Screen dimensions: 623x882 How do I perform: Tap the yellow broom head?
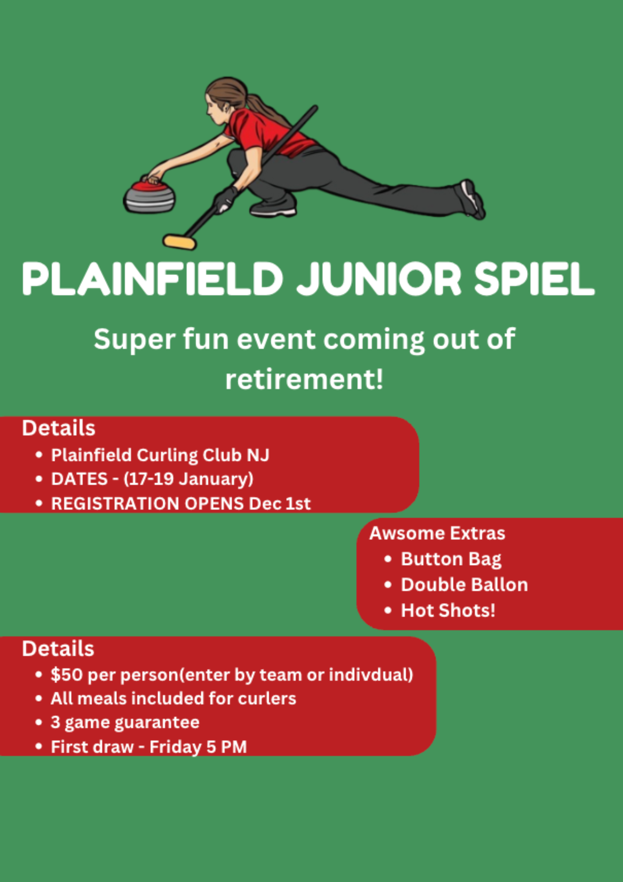point(179,242)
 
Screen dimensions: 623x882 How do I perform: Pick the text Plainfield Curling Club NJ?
point(160,455)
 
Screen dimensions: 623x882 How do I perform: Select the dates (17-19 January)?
point(188,479)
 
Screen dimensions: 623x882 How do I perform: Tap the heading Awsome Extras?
point(437,533)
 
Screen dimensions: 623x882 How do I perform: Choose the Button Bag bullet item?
point(451,559)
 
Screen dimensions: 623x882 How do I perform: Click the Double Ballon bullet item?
point(464,585)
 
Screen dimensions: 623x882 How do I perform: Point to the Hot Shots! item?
point(448,610)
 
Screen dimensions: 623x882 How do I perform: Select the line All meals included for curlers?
point(173,699)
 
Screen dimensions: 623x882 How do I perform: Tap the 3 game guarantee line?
point(125,722)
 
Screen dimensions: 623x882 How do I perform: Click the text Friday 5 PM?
point(198,747)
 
